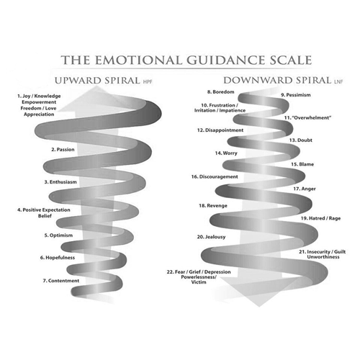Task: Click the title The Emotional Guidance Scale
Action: click(x=186, y=60)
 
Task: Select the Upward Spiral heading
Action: click(x=97, y=81)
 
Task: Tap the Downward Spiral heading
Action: click(x=277, y=81)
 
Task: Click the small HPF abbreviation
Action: click(x=148, y=82)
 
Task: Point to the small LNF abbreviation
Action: click(x=338, y=82)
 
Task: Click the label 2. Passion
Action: click(x=63, y=150)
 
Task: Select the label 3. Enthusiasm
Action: click(x=60, y=182)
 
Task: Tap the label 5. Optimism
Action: click(x=58, y=235)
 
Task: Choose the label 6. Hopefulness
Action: click(x=58, y=258)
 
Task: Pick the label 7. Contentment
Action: click(x=61, y=281)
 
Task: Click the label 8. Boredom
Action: click(x=220, y=91)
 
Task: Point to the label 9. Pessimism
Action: click(x=296, y=95)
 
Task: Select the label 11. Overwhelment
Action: click(x=307, y=117)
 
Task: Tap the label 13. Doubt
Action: click(x=301, y=140)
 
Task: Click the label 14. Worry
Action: click(x=226, y=153)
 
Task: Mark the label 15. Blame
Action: click(x=302, y=164)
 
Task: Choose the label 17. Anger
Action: click(x=305, y=189)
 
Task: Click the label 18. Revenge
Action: click(x=213, y=206)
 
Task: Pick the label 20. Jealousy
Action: click(x=211, y=237)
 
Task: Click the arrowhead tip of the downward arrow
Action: click(x=259, y=307)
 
